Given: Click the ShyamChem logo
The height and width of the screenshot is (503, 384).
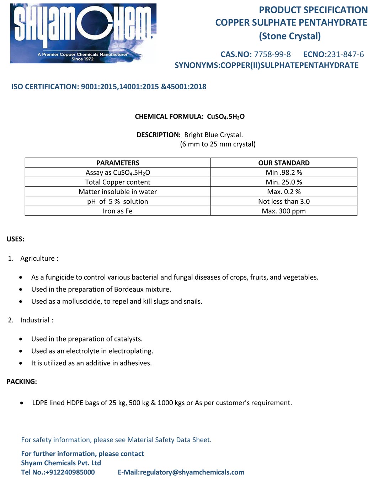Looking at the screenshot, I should (83, 33).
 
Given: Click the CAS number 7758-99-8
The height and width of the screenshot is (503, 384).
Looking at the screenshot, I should (272, 54).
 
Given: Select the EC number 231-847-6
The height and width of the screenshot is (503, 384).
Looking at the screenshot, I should (345, 54).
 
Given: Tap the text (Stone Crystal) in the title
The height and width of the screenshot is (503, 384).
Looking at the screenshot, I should (290, 36).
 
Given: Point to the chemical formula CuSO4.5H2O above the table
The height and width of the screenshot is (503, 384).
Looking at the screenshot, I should (226, 117).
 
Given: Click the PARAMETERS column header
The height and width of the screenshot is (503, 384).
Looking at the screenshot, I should (118, 163).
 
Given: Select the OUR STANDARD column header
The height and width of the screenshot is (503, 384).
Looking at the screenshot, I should (284, 163).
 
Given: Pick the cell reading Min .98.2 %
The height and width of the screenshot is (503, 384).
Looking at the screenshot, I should (284, 173).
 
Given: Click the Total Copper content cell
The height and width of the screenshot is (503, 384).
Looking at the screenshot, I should (118, 182).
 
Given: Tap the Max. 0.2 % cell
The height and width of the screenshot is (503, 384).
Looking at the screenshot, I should (284, 192).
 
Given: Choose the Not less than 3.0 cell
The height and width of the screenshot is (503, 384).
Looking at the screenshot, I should (284, 201).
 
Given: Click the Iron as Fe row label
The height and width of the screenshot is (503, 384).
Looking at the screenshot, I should (118, 211).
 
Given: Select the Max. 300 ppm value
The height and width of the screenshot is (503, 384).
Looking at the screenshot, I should (284, 211).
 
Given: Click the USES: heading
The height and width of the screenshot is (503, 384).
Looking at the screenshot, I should (15, 239).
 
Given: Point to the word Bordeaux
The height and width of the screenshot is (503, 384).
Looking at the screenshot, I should (129, 289).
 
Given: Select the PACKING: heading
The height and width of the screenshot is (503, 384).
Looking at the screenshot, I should (22, 382).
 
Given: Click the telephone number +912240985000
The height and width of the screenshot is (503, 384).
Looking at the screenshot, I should (70, 472).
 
